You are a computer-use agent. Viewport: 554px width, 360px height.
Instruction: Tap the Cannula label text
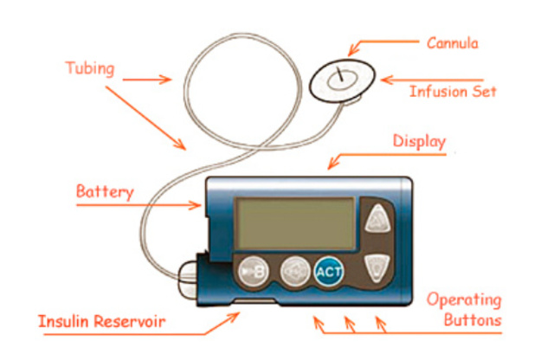pyautogui.click(x=451, y=42)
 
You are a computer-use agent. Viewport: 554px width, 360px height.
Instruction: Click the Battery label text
pyautogui.click(x=105, y=191)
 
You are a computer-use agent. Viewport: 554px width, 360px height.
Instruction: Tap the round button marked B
pyautogui.click(x=254, y=272)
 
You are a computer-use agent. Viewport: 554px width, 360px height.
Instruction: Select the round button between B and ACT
pyautogui.click(x=292, y=272)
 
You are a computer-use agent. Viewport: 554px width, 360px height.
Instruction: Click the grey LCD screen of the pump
pyautogui.click(x=295, y=222)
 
